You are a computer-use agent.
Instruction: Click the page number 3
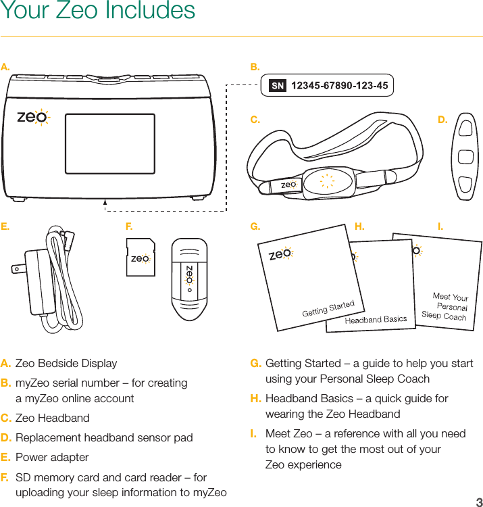(x=478, y=502)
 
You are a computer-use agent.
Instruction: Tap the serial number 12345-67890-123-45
(x=339, y=86)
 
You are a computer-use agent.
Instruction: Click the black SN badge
(x=278, y=86)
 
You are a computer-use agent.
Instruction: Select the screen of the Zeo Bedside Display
(x=110, y=143)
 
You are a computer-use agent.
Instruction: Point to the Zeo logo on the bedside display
(x=32, y=117)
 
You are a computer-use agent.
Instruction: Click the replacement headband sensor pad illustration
(x=465, y=156)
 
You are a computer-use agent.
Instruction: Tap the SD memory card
(x=140, y=258)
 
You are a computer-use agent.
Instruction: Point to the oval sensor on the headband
(x=327, y=180)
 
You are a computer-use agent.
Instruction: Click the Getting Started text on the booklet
(x=328, y=308)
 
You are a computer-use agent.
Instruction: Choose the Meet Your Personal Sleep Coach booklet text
(x=446, y=306)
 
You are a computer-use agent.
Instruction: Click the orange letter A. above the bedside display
(x=5, y=67)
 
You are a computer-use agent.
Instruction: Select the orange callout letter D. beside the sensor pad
(x=442, y=120)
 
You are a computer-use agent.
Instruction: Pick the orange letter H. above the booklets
(x=359, y=226)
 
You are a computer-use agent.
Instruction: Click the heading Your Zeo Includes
(x=98, y=11)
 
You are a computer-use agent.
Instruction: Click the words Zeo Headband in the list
(x=52, y=418)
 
